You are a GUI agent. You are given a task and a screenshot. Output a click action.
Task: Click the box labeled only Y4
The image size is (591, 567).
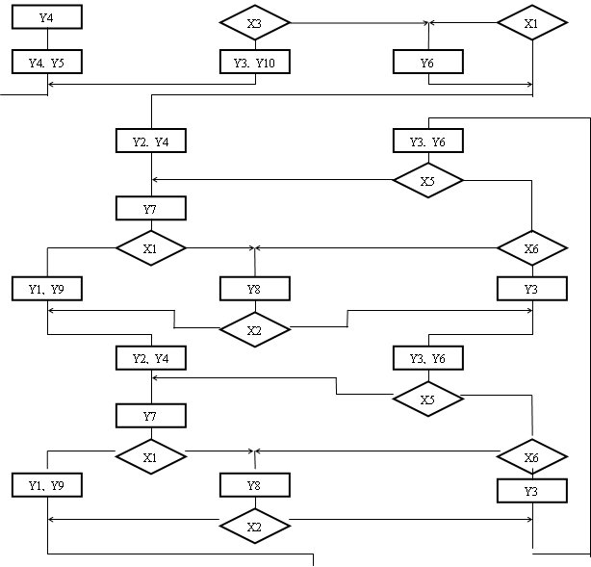click(47, 17)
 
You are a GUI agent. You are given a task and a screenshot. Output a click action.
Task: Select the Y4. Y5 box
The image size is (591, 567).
click(47, 62)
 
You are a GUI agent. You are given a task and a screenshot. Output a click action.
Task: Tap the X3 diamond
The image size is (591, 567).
click(255, 22)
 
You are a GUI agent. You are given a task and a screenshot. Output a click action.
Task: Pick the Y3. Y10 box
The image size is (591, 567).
click(255, 62)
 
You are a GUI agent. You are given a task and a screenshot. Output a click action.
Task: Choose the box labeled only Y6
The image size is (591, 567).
click(428, 62)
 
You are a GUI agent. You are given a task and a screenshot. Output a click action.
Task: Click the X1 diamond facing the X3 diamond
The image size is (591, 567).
click(532, 22)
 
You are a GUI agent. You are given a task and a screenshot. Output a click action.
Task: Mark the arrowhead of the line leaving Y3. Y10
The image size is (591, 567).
click(51, 84)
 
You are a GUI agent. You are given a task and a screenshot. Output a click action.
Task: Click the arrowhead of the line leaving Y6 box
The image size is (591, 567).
click(529, 84)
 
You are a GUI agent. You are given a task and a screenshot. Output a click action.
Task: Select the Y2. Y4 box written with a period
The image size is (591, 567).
click(151, 141)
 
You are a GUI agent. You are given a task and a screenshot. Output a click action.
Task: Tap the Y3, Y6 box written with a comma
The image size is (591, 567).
click(428, 358)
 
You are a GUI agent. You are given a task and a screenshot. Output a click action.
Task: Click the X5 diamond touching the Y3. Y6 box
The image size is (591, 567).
click(428, 180)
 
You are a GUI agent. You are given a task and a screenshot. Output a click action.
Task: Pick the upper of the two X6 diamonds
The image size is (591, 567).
click(532, 248)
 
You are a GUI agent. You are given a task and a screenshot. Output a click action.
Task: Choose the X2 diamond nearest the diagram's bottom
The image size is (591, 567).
click(255, 526)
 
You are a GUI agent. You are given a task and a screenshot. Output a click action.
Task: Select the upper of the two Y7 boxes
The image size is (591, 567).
click(151, 208)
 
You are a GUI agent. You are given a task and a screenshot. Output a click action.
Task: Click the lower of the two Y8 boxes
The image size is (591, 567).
click(255, 485)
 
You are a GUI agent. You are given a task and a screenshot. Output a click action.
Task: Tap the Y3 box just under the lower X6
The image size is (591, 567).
click(532, 491)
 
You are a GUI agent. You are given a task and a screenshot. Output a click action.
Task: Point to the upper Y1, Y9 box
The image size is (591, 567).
click(47, 289)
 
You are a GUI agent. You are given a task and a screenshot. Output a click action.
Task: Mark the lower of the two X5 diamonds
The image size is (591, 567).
click(428, 399)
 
